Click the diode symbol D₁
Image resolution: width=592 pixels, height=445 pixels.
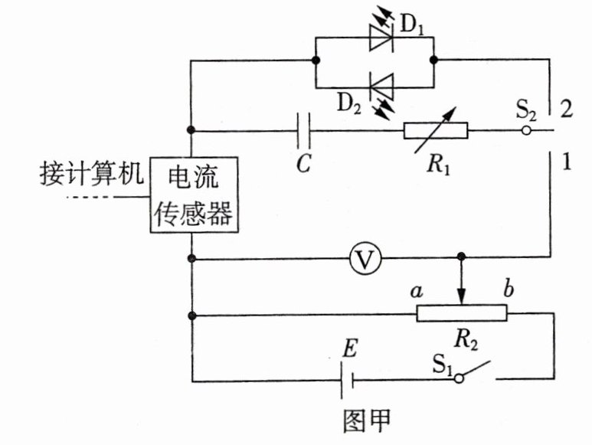[x=381, y=38]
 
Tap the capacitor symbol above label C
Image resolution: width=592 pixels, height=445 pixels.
[x=303, y=130]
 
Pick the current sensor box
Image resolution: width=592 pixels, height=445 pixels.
[x=192, y=195]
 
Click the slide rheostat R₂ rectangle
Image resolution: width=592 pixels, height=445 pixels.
[x=461, y=312]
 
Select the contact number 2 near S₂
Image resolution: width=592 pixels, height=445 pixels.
[x=566, y=108]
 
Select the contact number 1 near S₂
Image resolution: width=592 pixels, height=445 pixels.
[x=566, y=162]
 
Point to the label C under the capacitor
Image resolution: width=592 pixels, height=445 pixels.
[x=304, y=165]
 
